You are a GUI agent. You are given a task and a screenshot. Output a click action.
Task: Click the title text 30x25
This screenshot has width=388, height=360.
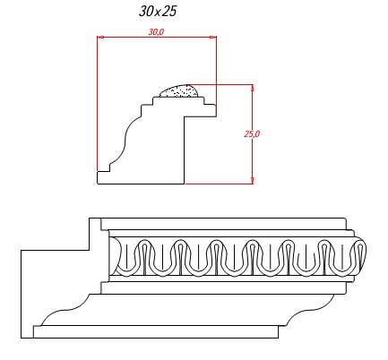(158, 12)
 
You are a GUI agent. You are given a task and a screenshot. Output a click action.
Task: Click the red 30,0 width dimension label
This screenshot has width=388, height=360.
(156, 31)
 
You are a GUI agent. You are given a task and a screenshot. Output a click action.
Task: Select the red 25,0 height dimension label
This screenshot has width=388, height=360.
(252, 134)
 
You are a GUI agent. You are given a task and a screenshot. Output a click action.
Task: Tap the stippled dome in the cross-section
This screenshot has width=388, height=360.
(179, 91)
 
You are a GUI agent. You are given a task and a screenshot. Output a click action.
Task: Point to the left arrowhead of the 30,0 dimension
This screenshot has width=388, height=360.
(101, 37)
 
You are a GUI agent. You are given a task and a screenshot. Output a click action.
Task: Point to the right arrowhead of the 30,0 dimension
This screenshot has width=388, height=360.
(213, 37)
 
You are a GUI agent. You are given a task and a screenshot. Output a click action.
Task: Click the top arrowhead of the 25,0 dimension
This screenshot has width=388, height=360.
(253, 88)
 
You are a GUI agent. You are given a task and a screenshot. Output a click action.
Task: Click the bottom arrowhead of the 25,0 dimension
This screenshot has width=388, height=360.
(253, 180)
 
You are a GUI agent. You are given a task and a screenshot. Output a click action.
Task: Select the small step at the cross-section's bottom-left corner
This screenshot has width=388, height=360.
(103, 167)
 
